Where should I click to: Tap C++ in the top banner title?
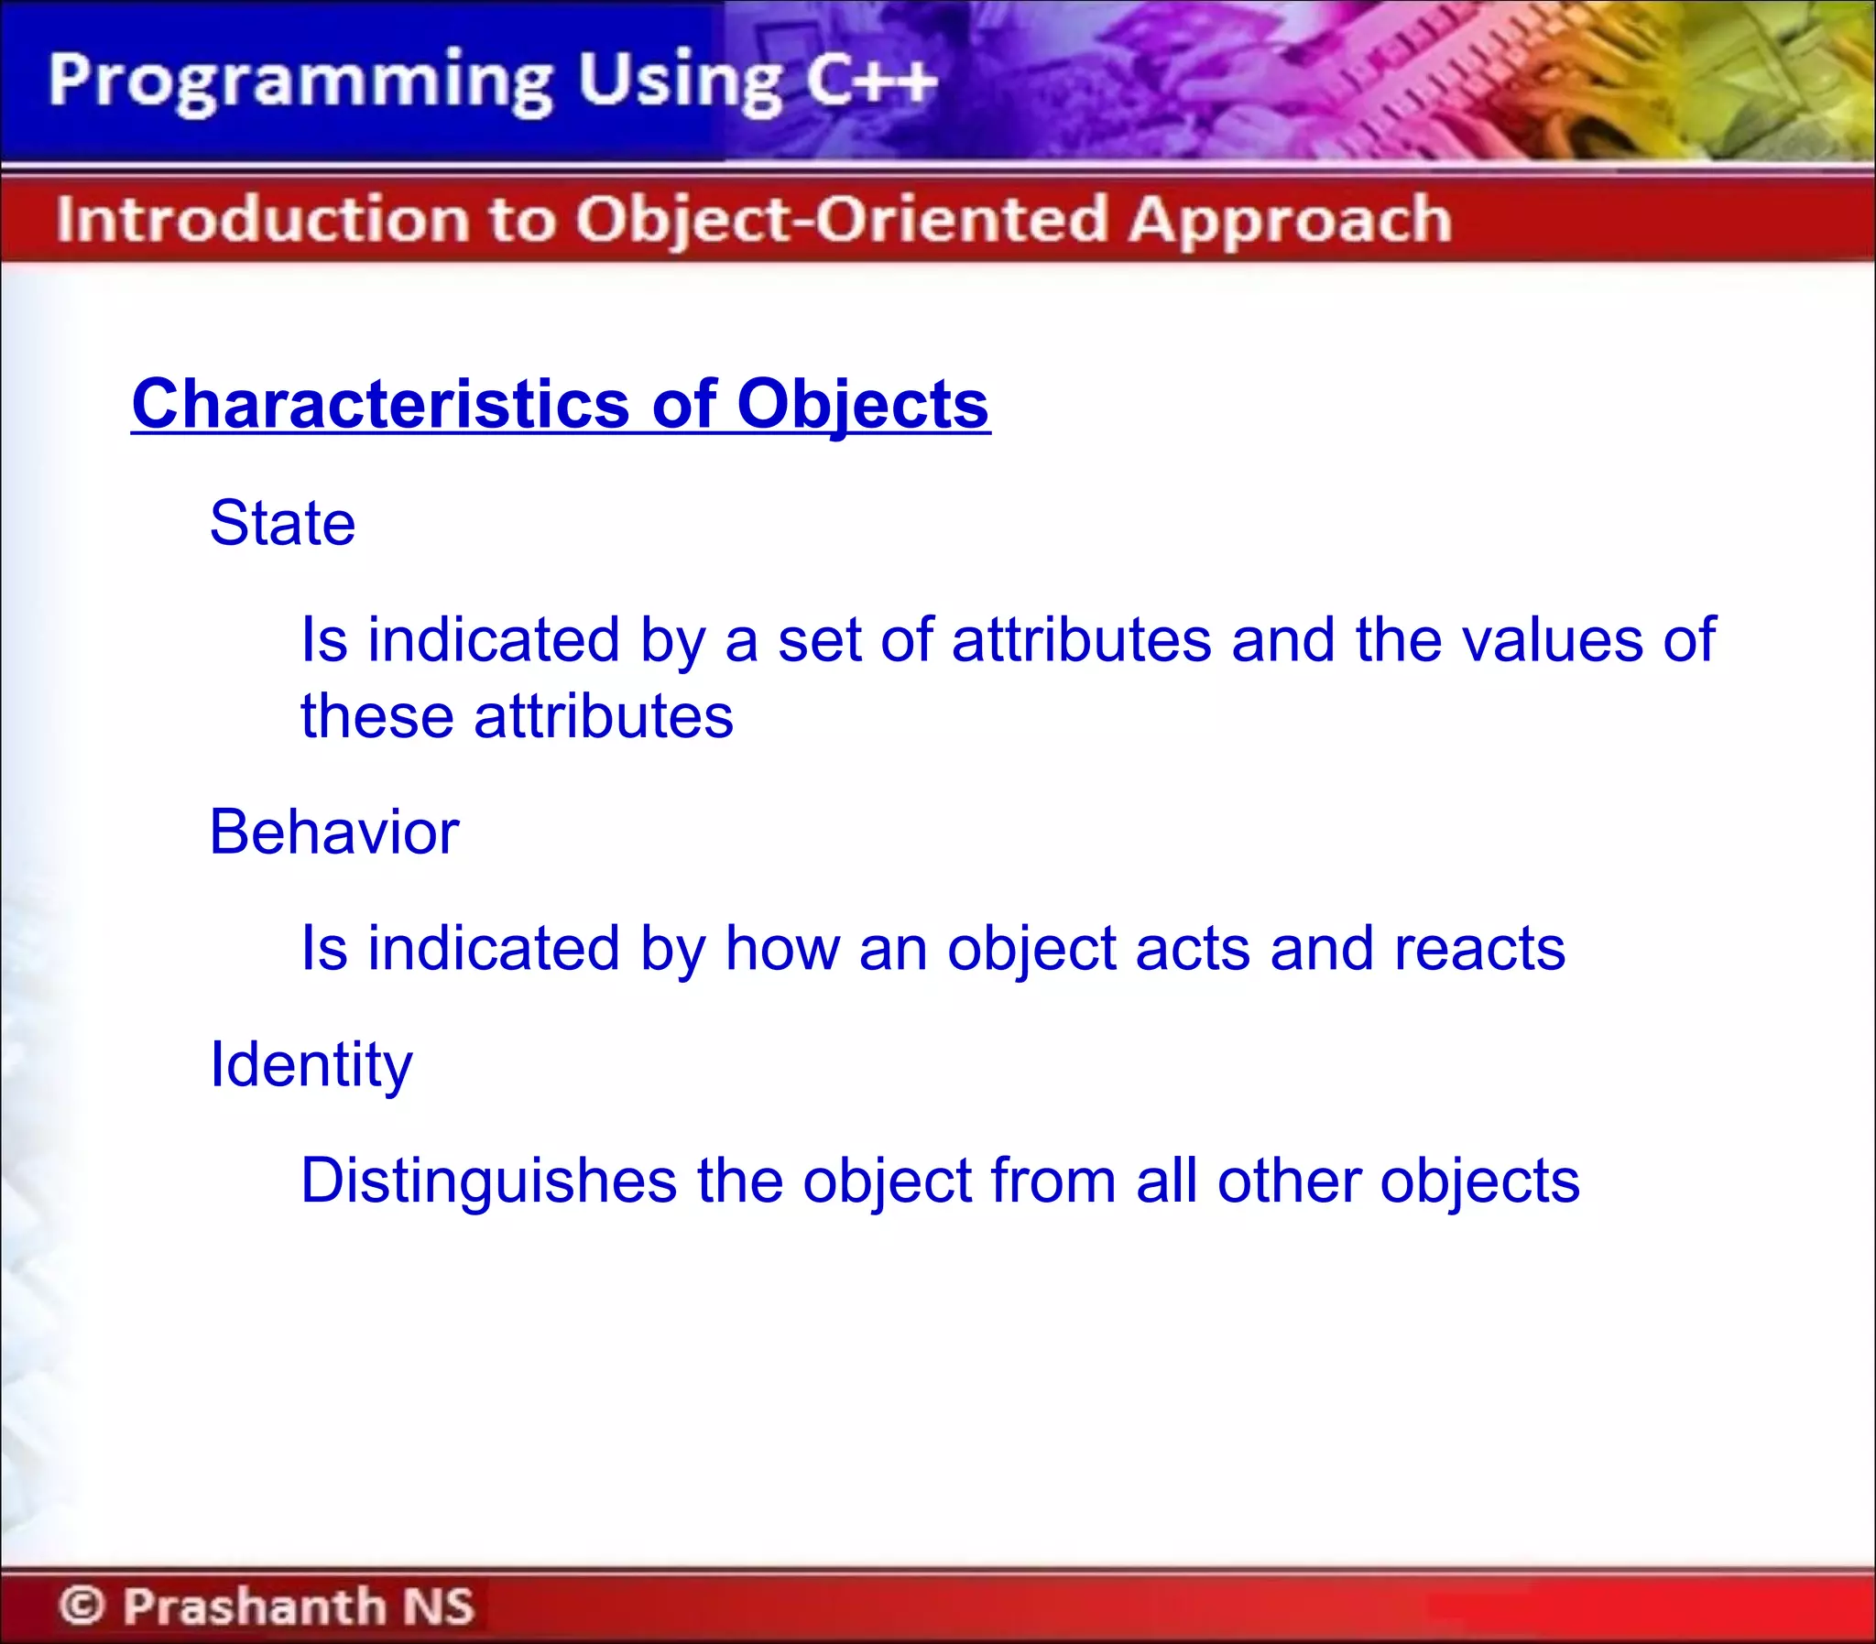870,81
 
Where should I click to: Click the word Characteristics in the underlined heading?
380,404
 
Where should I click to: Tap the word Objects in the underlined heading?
862,406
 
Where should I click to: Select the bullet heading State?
282,523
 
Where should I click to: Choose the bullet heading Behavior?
334,833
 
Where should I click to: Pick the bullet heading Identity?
311,1065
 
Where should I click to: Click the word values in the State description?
1551,639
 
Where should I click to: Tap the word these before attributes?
377,716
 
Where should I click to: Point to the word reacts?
1478,949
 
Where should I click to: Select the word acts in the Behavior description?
1192,950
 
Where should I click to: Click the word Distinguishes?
488,1181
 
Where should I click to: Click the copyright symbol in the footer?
82,1605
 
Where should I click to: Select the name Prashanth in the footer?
255,1605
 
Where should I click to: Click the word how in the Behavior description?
781,949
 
